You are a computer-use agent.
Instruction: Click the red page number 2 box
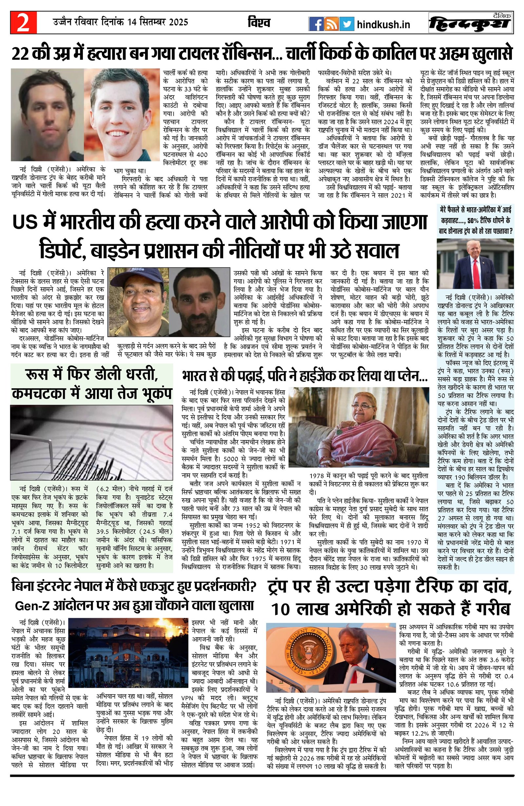coord(23,23)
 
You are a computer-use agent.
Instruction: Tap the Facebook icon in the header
coord(316,24)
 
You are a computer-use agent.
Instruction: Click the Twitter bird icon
coord(346,24)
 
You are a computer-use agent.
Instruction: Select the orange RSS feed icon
coord(331,24)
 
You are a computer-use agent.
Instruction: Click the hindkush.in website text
coord(384,24)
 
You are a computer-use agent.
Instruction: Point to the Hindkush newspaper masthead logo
coord(470,23)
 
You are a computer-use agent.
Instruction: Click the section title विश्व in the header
coord(259,23)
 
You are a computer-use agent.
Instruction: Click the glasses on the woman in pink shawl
coord(359,406)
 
